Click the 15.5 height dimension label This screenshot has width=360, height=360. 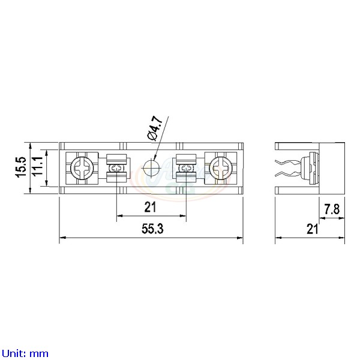20,168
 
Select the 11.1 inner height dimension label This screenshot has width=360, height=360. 37,168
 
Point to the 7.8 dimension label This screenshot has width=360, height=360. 332,209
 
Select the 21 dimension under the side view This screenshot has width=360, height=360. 311,229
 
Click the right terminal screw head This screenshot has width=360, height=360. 219,168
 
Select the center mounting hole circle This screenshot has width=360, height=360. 151,168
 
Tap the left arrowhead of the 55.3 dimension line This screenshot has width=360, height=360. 62,239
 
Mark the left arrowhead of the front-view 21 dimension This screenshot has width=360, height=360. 119,216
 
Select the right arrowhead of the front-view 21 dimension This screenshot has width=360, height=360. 183,216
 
